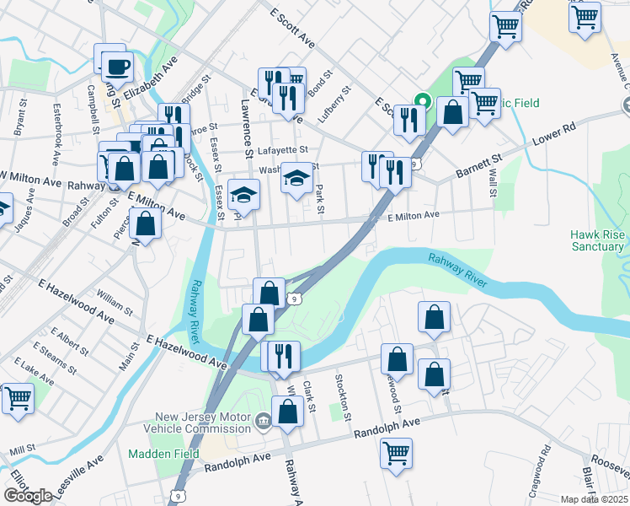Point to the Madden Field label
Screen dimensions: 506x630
click(x=163, y=454)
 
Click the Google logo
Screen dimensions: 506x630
click(x=28, y=495)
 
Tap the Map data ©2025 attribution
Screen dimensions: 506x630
click(x=594, y=499)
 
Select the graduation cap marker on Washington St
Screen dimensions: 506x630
click(x=296, y=178)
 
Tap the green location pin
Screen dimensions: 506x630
click(x=424, y=104)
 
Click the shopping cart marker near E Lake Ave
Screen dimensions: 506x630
click(x=18, y=398)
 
